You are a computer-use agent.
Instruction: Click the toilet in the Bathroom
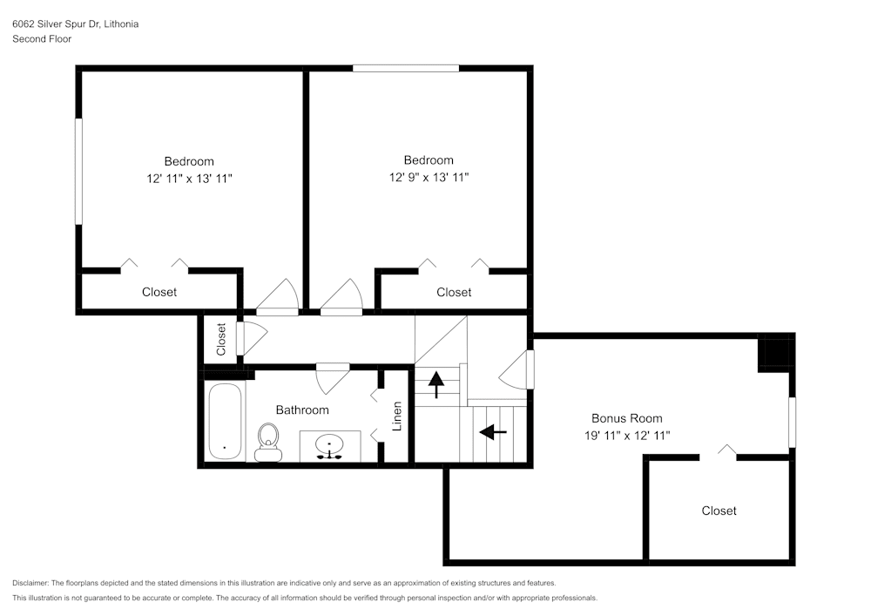click(x=267, y=442)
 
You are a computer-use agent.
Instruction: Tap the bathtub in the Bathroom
click(x=225, y=421)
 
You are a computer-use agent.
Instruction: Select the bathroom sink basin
click(x=330, y=445)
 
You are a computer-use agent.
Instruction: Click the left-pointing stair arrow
click(x=493, y=430)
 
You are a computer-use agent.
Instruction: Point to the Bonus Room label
click(x=626, y=418)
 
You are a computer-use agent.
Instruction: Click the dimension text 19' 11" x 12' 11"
click(x=626, y=435)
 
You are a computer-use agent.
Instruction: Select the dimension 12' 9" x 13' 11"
click(x=429, y=177)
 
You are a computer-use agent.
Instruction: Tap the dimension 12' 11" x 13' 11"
click(x=189, y=178)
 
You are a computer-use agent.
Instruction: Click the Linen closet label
click(x=397, y=416)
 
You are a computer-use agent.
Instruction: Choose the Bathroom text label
click(x=302, y=410)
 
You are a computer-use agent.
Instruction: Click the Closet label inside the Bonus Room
click(x=719, y=511)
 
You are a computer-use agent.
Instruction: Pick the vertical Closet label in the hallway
click(x=221, y=339)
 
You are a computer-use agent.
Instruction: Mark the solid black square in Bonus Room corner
click(x=773, y=354)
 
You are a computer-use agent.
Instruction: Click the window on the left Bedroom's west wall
click(x=78, y=171)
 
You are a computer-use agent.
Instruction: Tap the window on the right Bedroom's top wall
click(x=405, y=68)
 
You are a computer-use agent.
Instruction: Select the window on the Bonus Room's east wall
click(x=792, y=422)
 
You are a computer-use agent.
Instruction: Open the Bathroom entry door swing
click(x=332, y=379)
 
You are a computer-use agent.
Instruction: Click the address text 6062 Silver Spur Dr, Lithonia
click(x=75, y=24)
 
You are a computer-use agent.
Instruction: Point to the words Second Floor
click(x=42, y=39)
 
